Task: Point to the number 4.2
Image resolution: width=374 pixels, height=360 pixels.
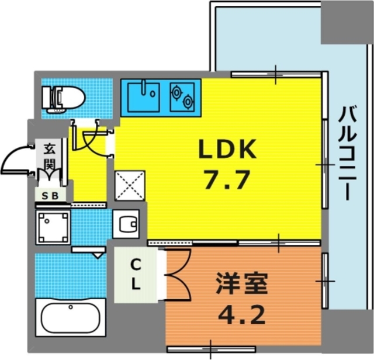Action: pos(241,316)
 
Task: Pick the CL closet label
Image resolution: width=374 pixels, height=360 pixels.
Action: pos(135,275)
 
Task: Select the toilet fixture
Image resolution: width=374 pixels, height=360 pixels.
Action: pos(64,98)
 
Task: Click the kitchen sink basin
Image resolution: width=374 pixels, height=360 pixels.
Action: pos(144,95)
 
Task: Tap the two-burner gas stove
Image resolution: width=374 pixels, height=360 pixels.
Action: pos(182,96)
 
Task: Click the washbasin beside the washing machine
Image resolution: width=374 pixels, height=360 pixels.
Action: pos(126,223)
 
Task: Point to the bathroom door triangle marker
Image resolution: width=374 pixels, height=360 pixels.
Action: pos(97,255)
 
